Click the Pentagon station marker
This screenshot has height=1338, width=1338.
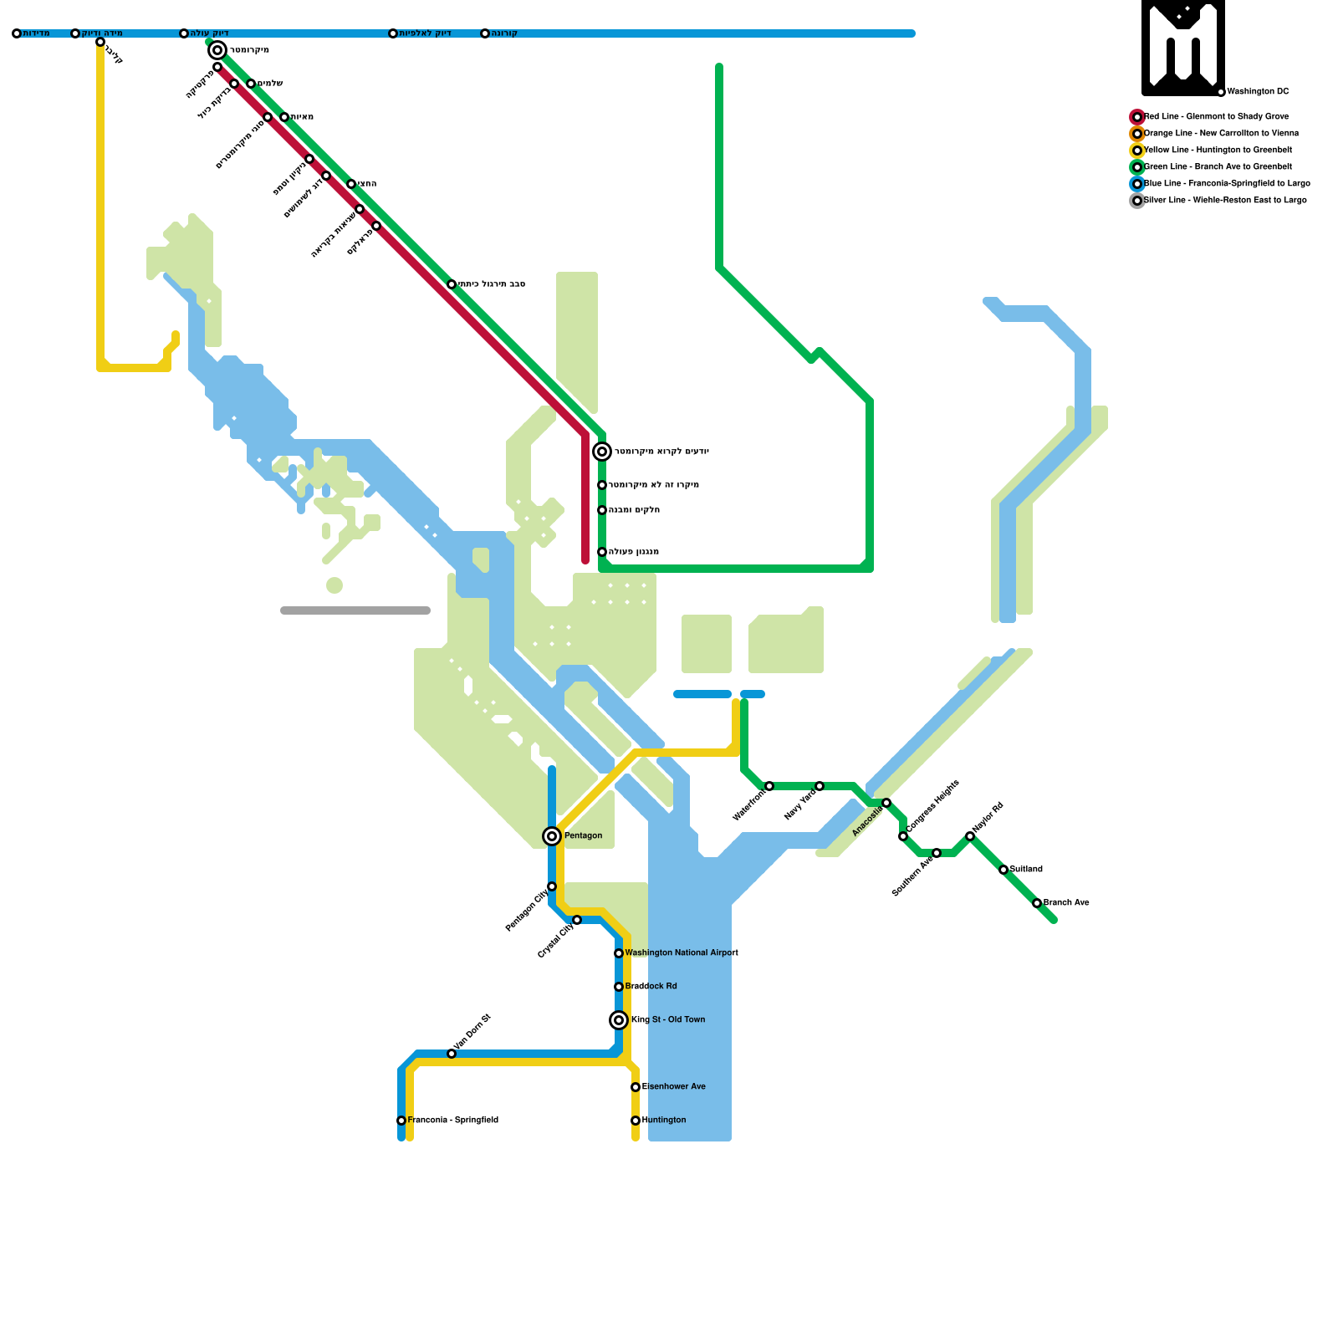(552, 836)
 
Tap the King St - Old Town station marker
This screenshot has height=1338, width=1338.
(619, 1020)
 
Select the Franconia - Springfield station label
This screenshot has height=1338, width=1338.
(452, 1121)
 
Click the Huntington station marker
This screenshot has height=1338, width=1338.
(636, 1121)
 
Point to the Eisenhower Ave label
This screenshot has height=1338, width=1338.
(674, 1087)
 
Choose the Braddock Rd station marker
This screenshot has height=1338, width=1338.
(619, 987)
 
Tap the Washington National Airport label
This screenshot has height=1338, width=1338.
(682, 953)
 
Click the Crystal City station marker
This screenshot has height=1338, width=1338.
(577, 920)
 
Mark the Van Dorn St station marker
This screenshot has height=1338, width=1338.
(452, 1054)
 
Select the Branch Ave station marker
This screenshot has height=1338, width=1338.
(1037, 903)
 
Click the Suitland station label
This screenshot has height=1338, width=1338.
(1026, 870)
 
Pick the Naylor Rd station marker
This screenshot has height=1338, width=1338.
(970, 836)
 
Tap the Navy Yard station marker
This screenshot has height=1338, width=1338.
(820, 786)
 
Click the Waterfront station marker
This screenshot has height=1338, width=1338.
(769, 786)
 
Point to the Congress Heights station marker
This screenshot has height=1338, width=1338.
(903, 836)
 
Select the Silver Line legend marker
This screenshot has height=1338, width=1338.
(1137, 201)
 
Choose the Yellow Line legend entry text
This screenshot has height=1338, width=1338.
(1218, 151)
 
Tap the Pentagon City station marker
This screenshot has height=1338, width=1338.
(552, 886)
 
